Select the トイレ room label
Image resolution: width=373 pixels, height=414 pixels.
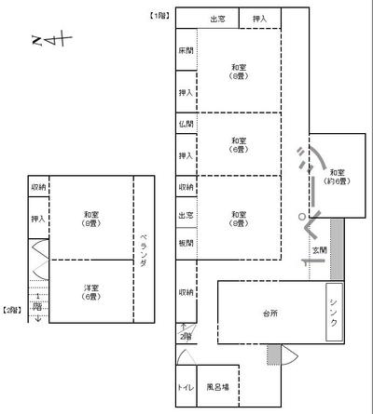186,386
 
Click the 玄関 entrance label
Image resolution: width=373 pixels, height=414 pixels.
319,250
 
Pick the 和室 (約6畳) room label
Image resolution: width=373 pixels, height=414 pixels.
337,177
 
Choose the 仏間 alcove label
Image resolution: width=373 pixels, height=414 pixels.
186,124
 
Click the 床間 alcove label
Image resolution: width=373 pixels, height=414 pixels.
186,51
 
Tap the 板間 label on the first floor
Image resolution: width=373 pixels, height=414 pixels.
186,244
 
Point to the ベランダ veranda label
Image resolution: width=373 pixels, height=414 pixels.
144,250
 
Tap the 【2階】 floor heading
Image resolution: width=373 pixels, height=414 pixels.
13,309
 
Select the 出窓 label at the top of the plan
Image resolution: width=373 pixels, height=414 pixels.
217,19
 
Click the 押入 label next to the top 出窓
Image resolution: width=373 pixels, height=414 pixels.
259,19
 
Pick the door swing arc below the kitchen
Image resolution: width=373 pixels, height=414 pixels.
288,356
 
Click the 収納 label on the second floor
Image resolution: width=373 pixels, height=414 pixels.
38,186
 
